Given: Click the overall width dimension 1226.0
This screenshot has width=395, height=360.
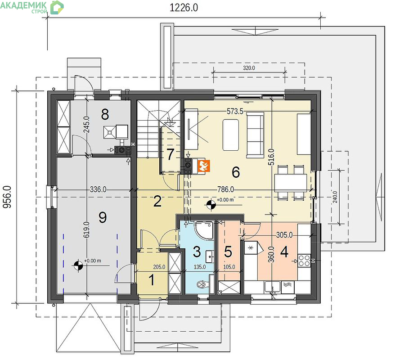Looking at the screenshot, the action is click(x=184, y=8).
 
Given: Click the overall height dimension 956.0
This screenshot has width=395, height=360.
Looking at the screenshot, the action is click(x=7, y=197).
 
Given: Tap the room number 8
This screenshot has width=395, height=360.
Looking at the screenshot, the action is click(x=105, y=114).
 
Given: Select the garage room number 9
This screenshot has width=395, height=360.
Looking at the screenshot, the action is click(x=103, y=217).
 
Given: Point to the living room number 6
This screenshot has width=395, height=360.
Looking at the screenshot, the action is click(x=236, y=172).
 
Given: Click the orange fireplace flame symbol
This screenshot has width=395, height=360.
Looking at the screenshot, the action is click(x=204, y=166).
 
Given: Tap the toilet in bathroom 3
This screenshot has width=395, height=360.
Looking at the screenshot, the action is click(x=202, y=284).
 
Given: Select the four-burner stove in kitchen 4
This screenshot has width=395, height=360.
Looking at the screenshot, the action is click(x=304, y=261).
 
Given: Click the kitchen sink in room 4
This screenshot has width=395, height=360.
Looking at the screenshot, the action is click(x=272, y=287).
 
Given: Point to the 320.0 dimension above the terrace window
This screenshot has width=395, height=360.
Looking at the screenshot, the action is click(x=249, y=68).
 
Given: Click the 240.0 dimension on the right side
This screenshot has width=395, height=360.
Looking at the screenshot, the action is click(x=335, y=197).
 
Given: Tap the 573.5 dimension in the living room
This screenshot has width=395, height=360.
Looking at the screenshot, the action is click(x=235, y=111).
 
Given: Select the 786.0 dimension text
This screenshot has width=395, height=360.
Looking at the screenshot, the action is click(x=225, y=189).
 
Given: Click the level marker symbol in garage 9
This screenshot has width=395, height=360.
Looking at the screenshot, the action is click(x=78, y=265).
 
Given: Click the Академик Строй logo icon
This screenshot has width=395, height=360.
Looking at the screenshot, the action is click(x=57, y=7).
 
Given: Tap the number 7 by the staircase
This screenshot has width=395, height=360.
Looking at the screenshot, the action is click(x=171, y=154).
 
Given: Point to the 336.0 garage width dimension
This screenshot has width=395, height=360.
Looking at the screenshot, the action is click(x=98, y=189).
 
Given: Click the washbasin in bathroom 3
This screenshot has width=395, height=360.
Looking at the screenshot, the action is click(x=210, y=256).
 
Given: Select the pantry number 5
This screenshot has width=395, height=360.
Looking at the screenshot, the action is click(x=228, y=251).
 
